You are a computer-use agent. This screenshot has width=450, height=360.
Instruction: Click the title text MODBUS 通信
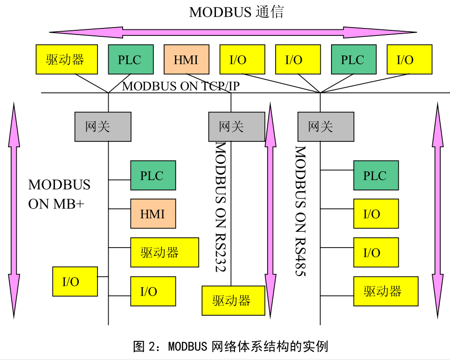pos(236,12)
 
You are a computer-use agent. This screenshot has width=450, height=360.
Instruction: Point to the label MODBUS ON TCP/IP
pos(180,86)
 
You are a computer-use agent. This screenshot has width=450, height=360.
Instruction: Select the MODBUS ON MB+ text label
pos(59,194)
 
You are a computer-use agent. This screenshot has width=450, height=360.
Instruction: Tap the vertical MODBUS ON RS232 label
pos(220,208)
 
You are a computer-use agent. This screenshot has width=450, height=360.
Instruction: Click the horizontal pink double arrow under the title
pos(233,32)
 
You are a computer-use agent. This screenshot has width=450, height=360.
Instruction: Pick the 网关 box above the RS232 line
pos(236,126)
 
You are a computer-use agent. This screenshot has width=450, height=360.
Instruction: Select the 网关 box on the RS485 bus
pos(325,126)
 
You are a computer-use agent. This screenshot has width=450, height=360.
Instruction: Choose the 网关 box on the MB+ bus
pos(103,126)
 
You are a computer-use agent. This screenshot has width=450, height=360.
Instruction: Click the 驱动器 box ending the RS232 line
pos(233,300)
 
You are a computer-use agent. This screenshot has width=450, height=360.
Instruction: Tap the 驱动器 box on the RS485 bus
pos(385,291)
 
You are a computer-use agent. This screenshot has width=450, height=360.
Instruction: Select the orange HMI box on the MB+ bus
pos(153,214)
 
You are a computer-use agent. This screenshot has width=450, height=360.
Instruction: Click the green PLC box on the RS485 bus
pos(375,175)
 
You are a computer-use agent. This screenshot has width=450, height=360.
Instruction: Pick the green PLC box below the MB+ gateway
pos(152,175)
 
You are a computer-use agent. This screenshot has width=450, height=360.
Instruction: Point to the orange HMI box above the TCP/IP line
pos(186,59)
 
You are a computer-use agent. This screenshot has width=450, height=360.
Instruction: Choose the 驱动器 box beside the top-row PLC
pos(67,59)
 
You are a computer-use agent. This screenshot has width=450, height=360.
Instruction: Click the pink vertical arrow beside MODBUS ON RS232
pos(270,210)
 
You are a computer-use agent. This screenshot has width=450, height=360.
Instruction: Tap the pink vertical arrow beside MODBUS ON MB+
pos(14,210)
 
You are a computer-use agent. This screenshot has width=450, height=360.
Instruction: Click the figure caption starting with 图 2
pos(230,346)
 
